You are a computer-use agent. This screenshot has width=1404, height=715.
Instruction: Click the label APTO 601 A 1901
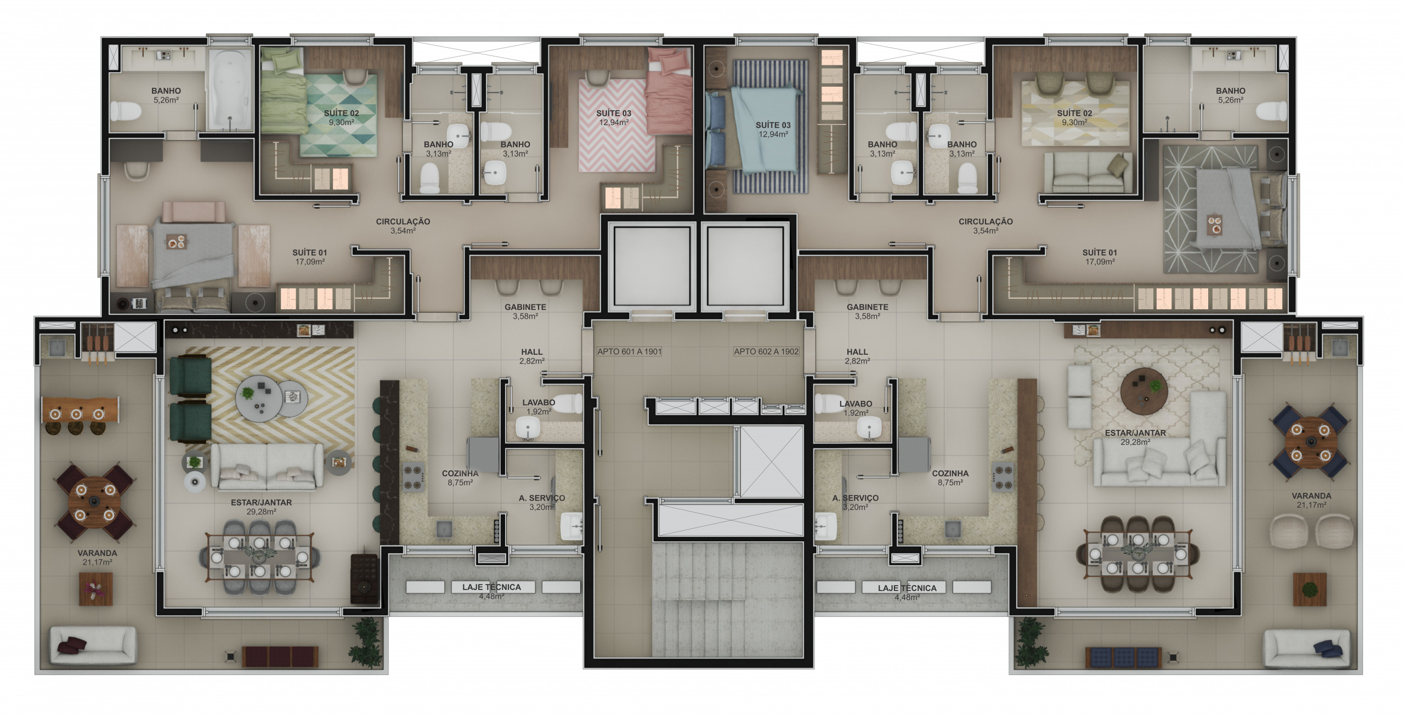click(x=629, y=351)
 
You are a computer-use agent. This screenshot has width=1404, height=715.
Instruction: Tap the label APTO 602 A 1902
click(x=766, y=351)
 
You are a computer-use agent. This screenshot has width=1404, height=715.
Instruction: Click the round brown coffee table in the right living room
click(x=1143, y=390)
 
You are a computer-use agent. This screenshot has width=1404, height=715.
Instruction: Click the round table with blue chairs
click(x=1311, y=442)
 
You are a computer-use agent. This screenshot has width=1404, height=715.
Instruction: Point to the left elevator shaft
click(x=652, y=266)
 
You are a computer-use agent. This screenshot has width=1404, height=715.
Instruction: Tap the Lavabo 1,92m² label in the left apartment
click(x=539, y=407)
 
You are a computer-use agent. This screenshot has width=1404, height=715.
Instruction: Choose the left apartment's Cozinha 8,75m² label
click(x=460, y=478)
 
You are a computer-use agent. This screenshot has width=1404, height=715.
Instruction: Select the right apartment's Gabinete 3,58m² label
click(x=867, y=311)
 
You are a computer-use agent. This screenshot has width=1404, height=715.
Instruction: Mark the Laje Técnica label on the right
click(x=907, y=592)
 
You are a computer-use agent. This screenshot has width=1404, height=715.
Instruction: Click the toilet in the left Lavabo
click(x=568, y=404)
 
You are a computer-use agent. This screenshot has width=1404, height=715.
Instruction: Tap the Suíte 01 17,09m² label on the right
click(x=1100, y=257)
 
